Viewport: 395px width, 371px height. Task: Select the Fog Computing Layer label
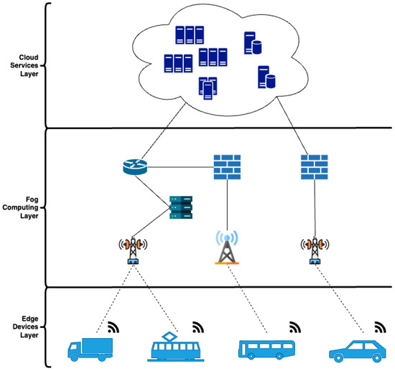(23, 207)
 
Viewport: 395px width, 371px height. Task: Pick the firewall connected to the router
(227, 166)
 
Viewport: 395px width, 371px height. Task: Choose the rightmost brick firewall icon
(314, 166)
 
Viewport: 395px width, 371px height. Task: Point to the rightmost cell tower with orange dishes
(314, 248)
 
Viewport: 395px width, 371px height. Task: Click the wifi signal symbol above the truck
(113, 328)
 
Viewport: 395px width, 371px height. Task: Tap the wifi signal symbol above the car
(380, 328)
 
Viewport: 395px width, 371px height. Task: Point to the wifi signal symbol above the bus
(294, 328)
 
